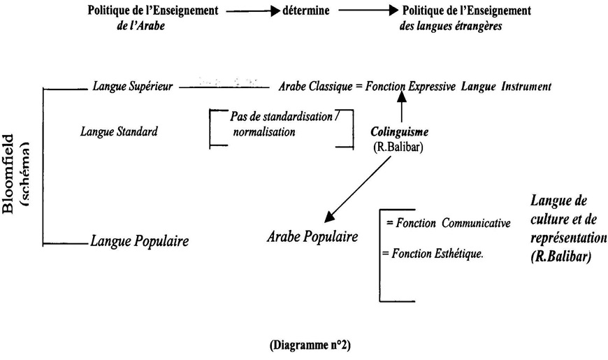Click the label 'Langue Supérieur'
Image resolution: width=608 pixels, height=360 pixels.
point(132,87)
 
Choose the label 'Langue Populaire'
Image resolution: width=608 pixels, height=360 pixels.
point(140,242)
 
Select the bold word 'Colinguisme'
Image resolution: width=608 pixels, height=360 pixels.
point(400,131)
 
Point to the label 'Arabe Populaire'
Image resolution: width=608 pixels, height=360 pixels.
point(312,236)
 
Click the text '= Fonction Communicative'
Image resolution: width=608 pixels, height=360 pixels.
point(448,223)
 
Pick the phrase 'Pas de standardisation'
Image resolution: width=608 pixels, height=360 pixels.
point(280,117)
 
